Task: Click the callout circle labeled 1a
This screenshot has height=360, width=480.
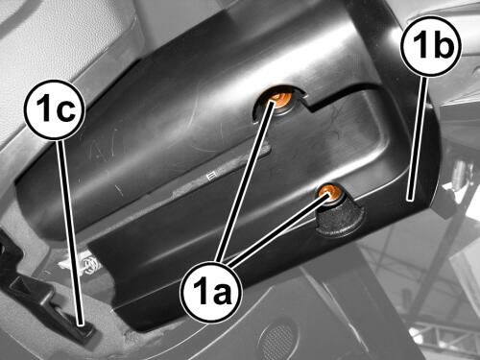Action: [x=211, y=292]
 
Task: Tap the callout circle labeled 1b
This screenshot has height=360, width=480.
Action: [x=432, y=46]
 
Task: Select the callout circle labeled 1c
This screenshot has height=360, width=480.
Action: [x=55, y=110]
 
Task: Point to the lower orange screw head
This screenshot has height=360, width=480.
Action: [x=329, y=192]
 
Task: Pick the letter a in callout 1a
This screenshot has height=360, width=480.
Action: [x=223, y=295]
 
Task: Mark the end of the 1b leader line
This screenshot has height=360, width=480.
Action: [x=410, y=200]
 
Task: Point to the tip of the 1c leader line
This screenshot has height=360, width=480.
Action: [x=80, y=324]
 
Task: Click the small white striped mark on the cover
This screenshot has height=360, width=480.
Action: [x=210, y=177]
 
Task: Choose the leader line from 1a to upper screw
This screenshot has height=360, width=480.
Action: [x=245, y=180]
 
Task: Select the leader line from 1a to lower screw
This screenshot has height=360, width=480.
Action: [x=278, y=228]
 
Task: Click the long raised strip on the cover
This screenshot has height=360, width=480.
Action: [x=221, y=171]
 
